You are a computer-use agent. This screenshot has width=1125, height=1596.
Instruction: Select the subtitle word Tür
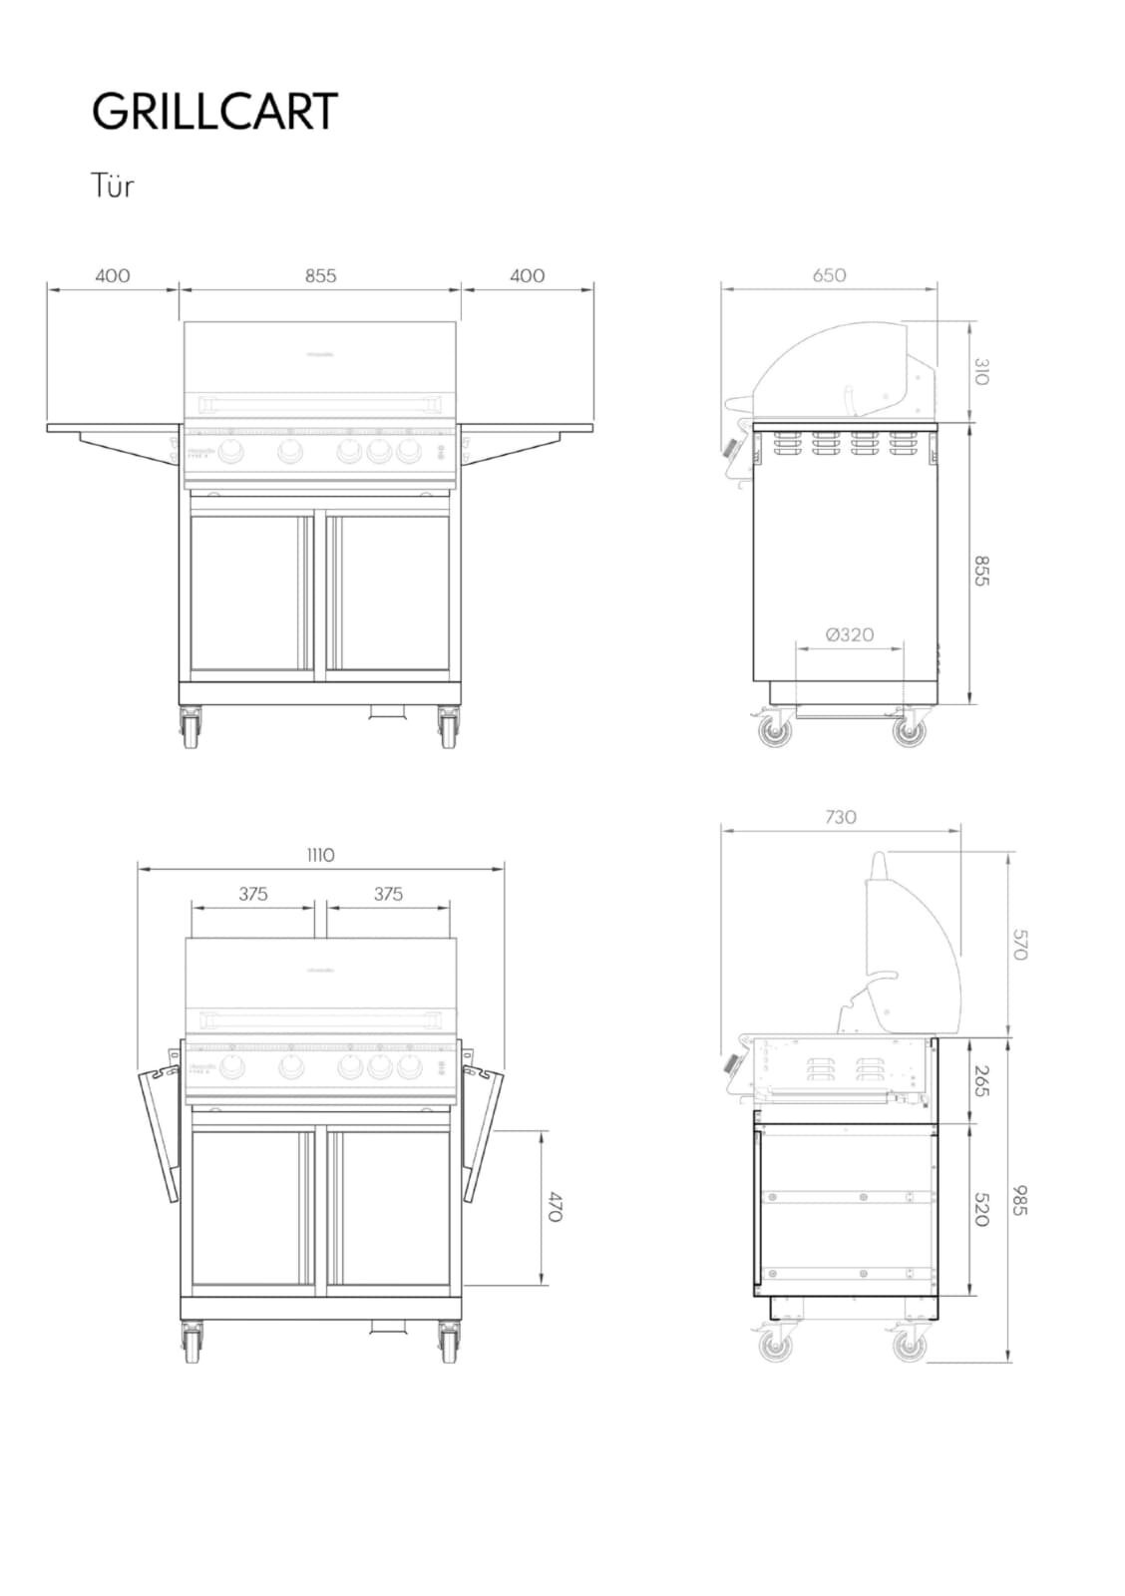112,186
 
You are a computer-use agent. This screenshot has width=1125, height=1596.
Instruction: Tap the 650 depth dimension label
829,275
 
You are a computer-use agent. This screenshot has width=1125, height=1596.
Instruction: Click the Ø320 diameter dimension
850,634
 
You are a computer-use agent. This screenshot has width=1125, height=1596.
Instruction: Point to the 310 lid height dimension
981,372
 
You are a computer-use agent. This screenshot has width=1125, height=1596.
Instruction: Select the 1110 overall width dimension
320,855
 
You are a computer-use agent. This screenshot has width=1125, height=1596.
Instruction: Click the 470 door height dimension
556,1207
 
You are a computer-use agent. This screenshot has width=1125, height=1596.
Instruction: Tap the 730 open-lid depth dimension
841,817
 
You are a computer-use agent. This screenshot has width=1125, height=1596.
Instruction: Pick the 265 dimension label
981,1079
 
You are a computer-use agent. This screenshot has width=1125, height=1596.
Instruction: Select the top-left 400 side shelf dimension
113,275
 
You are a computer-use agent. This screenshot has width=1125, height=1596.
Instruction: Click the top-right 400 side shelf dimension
528,275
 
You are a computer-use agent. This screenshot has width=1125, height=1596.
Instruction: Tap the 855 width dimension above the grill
320,275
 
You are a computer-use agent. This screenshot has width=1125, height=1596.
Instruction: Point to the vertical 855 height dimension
981,571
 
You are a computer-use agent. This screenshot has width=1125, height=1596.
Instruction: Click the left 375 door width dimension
253,894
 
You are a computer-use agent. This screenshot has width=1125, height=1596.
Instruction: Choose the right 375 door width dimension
388,894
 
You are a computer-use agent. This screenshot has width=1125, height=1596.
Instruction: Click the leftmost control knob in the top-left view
231,452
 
